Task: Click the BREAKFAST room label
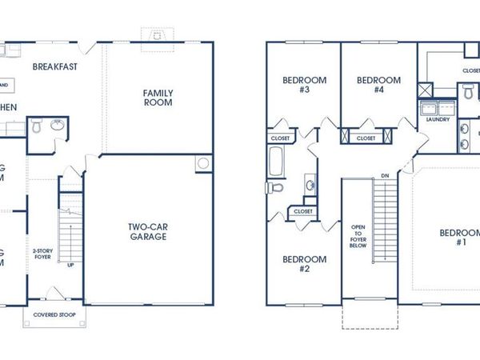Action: click(55, 66)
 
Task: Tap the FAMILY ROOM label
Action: click(158, 98)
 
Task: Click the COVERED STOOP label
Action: click(54, 314)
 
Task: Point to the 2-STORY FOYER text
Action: click(43, 254)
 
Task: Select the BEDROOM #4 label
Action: click(378, 85)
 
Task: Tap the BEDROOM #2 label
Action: click(305, 264)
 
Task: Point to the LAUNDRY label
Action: click(438, 120)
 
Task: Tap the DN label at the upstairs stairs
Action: click(385, 175)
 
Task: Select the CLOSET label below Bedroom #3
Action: click(280, 138)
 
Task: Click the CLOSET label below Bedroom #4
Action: click(366, 138)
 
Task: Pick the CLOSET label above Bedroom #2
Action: click(303, 211)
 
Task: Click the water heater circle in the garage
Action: click(202, 163)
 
